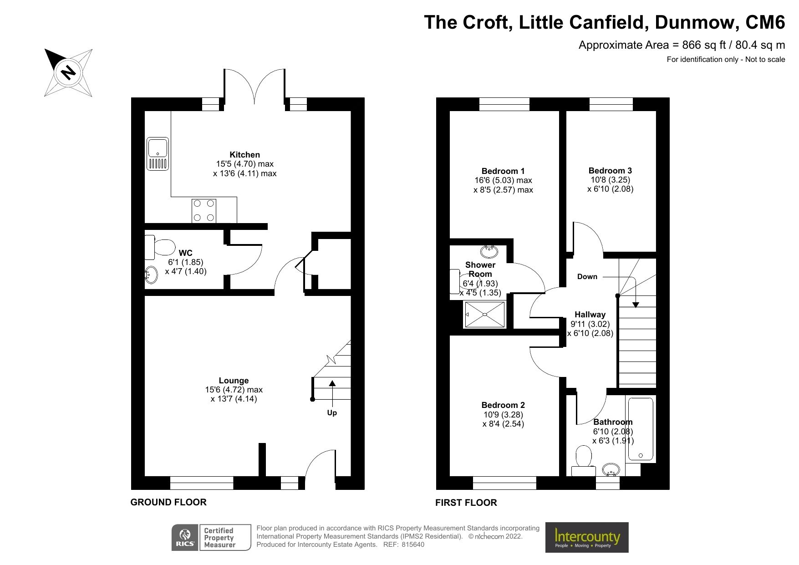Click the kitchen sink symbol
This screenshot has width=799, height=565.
point(158,154)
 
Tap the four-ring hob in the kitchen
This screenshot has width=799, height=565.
point(204,211)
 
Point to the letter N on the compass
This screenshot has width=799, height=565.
point(69,72)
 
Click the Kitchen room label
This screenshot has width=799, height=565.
point(244,155)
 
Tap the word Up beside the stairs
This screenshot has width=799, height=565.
point(332,413)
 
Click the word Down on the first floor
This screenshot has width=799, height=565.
point(587,277)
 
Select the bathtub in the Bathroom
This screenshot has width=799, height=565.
point(641,429)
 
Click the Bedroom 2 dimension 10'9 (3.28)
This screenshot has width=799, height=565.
point(503,415)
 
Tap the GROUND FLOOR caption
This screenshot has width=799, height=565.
point(168,502)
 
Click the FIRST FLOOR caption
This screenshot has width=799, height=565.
point(466,503)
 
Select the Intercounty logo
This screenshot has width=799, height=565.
point(587,538)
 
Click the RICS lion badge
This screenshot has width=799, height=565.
point(185,538)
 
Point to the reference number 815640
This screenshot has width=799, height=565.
point(413,545)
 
